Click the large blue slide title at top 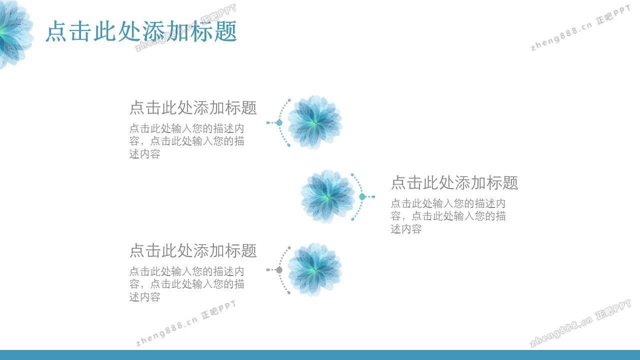(141, 31)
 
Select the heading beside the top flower (193, 107)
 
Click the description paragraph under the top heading (186, 141)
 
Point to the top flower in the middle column (314, 122)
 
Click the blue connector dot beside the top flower (279, 123)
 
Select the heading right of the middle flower (454, 182)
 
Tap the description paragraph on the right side (448, 216)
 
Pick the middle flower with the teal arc (327, 196)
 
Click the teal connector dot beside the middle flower (362, 196)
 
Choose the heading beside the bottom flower (193, 250)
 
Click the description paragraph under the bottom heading (186, 284)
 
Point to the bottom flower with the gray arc (314, 269)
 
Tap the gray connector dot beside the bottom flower (279, 269)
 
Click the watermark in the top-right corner (580, 28)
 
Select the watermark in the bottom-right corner (580, 323)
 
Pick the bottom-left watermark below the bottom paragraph (186, 323)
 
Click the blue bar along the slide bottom (320, 355)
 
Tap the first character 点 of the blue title (56, 31)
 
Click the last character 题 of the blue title (225, 31)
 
